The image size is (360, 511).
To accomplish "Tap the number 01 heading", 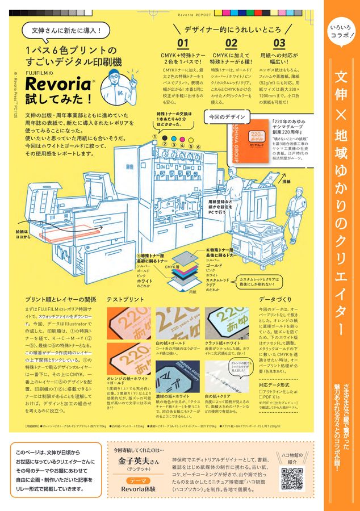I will (x=182, y=43).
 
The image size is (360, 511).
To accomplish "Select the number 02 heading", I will (x=231, y=43).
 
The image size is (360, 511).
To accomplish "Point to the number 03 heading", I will (x=279, y=43).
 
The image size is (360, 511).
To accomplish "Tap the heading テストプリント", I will (x=125, y=299).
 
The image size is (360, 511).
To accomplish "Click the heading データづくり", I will (x=275, y=299).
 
